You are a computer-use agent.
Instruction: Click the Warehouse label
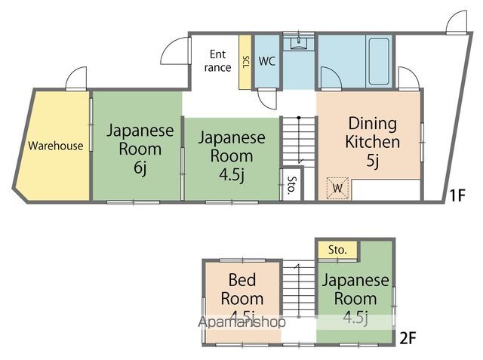click(x=56, y=146)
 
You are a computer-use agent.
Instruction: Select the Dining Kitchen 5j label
click(x=372, y=141)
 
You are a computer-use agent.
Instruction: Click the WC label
click(x=266, y=61)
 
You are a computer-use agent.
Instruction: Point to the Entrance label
click(x=218, y=60)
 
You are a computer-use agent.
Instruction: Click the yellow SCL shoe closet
click(x=245, y=62)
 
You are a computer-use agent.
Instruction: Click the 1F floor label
click(x=457, y=196)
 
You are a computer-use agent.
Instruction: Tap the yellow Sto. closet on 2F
click(x=337, y=249)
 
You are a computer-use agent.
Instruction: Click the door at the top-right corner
click(x=457, y=22)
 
